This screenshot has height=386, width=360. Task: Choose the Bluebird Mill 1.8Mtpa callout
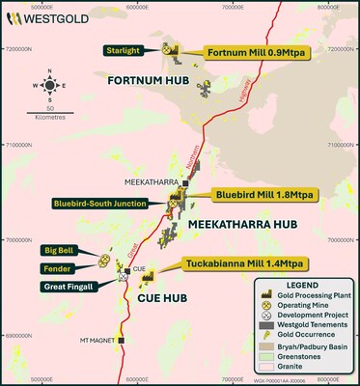[238, 193]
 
